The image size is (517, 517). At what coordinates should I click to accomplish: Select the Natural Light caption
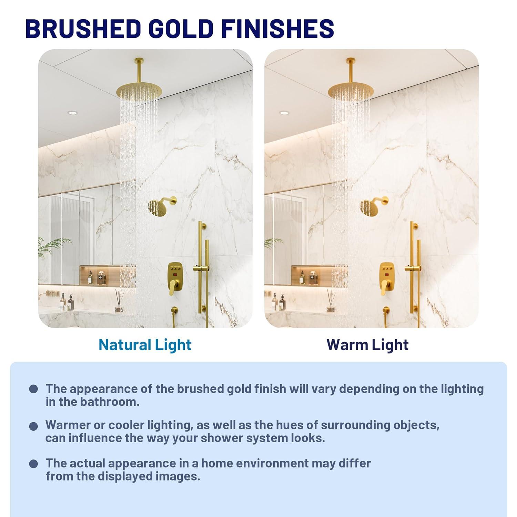[x=145, y=345]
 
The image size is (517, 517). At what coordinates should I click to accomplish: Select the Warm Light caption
[x=367, y=345]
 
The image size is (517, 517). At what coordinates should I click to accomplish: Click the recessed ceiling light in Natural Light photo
[x=72, y=113]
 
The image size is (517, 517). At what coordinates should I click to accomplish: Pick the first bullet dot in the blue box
[x=33, y=389]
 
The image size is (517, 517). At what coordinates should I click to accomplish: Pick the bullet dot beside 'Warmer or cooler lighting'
[x=33, y=426]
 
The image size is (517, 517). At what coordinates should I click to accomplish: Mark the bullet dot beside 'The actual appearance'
[x=33, y=464]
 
